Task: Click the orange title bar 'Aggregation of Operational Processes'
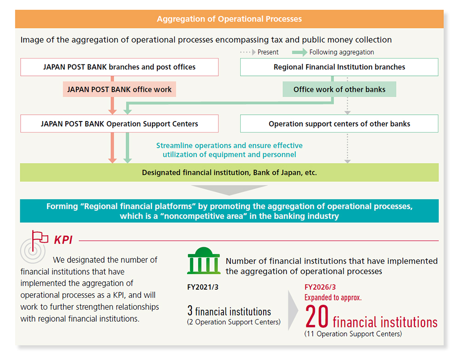click(x=229, y=19)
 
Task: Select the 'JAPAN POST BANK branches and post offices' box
click(x=119, y=67)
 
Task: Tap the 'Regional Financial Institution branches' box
click(x=339, y=67)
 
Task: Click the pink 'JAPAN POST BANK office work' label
click(x=119, y=89)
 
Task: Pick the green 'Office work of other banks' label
click(x=339, y=89)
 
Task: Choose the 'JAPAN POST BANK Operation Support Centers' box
click(x=119, y=123)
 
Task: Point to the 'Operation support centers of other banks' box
click(x=339, y=123)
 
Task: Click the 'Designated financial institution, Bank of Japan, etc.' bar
click(x=229, y=173)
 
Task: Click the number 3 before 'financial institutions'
click(x=190, y=311)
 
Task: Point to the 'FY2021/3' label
click(x=202, y=287)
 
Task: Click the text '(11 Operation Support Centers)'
click(x=353, y=334)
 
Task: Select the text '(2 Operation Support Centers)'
click(x=234, y=322)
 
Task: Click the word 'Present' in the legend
click(x=268, y=52)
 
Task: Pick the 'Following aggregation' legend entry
click(x=341, y=52)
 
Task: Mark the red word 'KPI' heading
click(x=63, y=240)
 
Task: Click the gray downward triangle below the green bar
click(x=229, y=189)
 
